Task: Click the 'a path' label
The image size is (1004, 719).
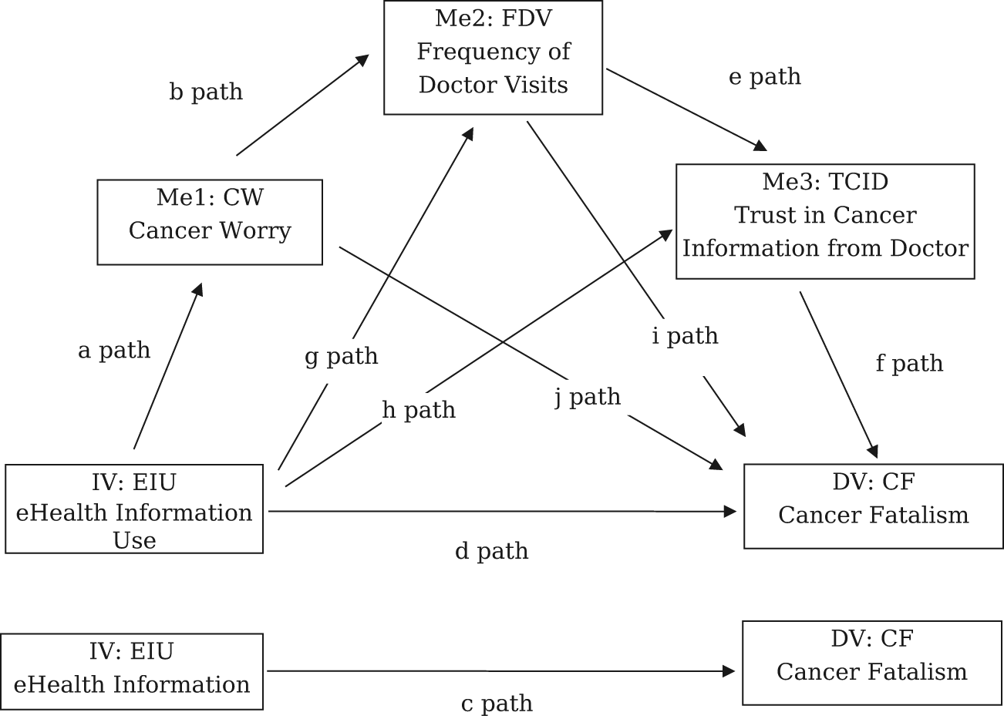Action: coord(114,351)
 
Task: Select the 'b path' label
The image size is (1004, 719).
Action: coord(206,92)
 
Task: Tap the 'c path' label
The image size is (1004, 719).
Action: coord(497,703)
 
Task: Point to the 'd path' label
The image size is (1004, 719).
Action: coord(491,551)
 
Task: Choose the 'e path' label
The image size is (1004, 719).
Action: coord(764,77)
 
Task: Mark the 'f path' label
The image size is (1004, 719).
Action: coord(909,363)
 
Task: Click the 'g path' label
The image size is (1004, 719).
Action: coord(342,356)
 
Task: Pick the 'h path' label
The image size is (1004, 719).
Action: coord(419,410)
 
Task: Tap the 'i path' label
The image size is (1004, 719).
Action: coord(685,336)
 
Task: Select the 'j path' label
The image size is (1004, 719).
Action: coord(588,397)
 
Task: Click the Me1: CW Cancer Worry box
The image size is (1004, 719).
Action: coord(210,222)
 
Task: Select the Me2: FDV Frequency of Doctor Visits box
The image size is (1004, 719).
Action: coord(494,58)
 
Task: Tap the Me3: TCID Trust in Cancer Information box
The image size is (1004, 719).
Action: coord(825,221)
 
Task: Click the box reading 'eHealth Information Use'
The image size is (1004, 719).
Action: coord(134,509)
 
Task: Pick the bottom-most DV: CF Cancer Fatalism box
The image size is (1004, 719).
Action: coord(872,663)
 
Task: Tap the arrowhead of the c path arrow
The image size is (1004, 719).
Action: coord(729,671)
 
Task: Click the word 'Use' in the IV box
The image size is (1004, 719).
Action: coord(134,540)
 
